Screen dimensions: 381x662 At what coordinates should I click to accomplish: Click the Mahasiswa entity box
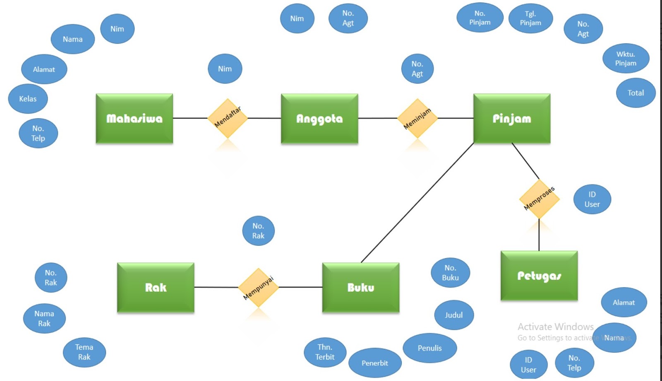pos(134,119)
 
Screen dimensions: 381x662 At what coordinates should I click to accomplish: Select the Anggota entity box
pos(319,119)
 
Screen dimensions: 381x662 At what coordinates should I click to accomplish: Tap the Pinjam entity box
pos(512,119)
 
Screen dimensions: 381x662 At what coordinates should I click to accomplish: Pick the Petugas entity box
pos(539,276)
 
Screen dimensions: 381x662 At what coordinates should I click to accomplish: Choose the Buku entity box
pos(361,288)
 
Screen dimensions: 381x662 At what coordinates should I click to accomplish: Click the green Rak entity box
pos(156,288)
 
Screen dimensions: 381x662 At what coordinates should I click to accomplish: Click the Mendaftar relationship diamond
pos(228,118)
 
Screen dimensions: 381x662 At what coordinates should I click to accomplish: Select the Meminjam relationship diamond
pos(417,118)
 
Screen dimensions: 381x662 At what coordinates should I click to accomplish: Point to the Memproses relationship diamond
pos(539,199)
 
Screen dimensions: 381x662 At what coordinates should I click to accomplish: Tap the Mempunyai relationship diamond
pos(258,288)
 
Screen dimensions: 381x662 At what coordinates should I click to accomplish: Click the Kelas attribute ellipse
pos(28,99)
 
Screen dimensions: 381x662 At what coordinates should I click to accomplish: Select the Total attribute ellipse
pos(636,93)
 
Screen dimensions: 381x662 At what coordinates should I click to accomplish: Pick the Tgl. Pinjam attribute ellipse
pos(530,19)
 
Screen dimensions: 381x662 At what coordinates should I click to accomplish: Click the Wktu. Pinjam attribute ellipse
pos(626,59)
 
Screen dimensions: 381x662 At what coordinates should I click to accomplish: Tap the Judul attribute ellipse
pos(454,315)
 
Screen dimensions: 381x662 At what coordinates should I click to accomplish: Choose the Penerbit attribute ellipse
pos(375,363)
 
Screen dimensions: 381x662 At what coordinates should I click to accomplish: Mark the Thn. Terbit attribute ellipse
pos(325,352)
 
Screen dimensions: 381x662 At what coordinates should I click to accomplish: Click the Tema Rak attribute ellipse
pos(84,352)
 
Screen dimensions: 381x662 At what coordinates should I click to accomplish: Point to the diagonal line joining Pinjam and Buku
pos(417,203)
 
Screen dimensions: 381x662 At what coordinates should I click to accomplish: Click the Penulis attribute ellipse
pos(429,348)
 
